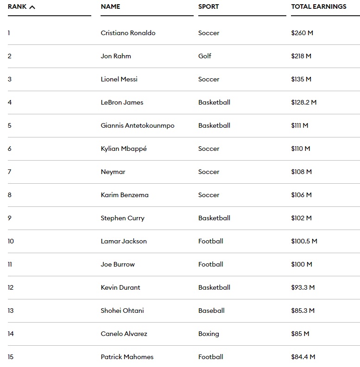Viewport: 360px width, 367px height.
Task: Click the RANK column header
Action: tap(17, 6)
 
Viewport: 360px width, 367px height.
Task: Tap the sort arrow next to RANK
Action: tap(32, 7)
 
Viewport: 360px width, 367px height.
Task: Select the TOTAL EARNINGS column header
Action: tap(318, 6)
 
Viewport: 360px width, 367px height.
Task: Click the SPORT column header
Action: tap(208, 6)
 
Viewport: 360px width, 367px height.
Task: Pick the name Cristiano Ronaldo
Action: tap(128, 33)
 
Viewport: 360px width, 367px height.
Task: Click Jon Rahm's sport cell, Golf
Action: tap(204, 56)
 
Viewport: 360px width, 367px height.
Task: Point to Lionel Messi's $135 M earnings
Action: tap(301, 79)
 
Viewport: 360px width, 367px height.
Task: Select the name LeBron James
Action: tap(122, 102)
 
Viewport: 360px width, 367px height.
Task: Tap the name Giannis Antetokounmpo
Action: tap(138, 125)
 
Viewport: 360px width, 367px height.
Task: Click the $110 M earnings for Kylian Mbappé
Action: tap(301, 149)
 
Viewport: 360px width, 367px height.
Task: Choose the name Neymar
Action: tap(113, 172)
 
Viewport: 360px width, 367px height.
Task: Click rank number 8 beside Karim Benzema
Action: tap(10, 195)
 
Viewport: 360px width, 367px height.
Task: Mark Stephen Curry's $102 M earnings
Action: tap(301, 218)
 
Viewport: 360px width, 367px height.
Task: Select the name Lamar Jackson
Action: tap(124, 241)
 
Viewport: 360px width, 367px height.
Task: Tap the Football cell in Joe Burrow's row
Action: tap(211, 264)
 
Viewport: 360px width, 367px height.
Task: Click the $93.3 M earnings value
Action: tap(303, 287)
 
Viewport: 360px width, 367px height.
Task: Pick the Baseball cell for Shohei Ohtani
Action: tap(211, 311)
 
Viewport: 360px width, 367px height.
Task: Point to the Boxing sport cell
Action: tap(208, 334)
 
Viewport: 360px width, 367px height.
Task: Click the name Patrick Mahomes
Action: tap(127, 357)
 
